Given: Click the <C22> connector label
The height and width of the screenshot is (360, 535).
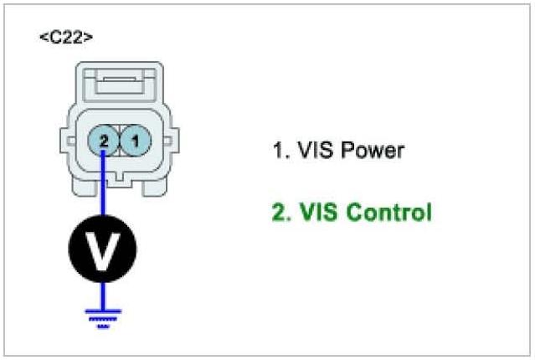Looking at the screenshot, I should [67, 38].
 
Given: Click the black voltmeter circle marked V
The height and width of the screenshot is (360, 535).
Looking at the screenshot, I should [102, 250].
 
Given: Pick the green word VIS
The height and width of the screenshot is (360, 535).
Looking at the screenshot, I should [308, 213].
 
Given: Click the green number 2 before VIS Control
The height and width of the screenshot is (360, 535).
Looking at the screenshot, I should [278, 213].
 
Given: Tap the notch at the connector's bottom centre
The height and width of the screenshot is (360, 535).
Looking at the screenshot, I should [118, 177].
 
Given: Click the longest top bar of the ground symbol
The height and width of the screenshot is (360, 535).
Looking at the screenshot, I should [102, 311].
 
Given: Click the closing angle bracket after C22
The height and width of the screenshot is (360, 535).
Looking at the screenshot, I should [89, 38].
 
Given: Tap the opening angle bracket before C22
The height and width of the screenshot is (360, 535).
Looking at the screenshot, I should [44, 38].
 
